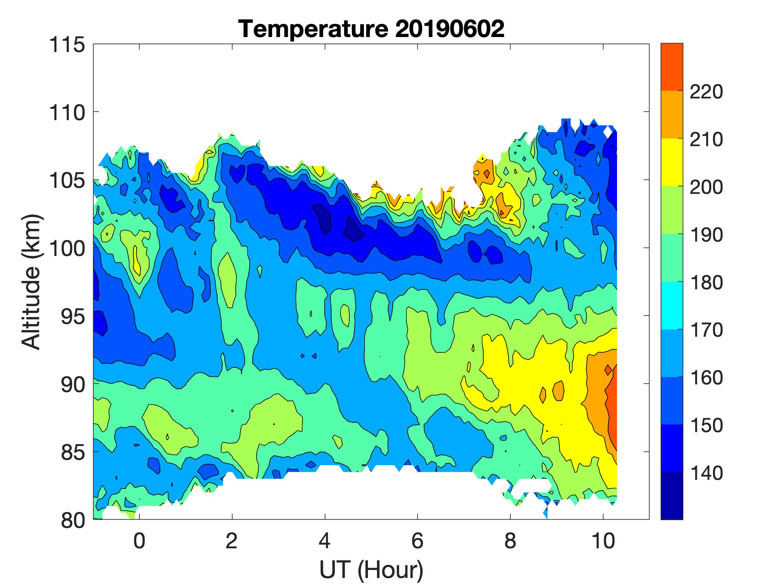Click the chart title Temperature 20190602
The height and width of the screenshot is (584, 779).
(x=371, y=29)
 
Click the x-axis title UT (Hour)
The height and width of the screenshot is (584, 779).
(x=371, y=570)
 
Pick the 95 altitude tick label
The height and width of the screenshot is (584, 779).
(x=72, y=316)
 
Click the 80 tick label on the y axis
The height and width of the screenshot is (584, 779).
(x=72, y=520)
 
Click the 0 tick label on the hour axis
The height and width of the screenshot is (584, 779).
(x=139, y=541)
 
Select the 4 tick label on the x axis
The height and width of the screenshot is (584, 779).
(x=324, y=541)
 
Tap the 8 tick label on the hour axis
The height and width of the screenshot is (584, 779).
(x=510, y=541)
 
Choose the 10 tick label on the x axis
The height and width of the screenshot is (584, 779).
(x=603, y=541)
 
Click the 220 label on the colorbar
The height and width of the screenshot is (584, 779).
(x=706, y=92)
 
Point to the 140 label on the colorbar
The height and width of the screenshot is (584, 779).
(x=706, y=474)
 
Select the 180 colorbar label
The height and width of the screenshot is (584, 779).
(x=706, y=283)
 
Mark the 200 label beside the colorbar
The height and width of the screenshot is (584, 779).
(x=706, y=188)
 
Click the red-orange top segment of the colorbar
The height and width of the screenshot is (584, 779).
(x=671, y=67)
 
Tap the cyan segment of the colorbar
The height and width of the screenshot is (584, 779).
(x=671, y=306)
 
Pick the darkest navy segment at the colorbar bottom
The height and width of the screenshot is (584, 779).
(x=671, y=496)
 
